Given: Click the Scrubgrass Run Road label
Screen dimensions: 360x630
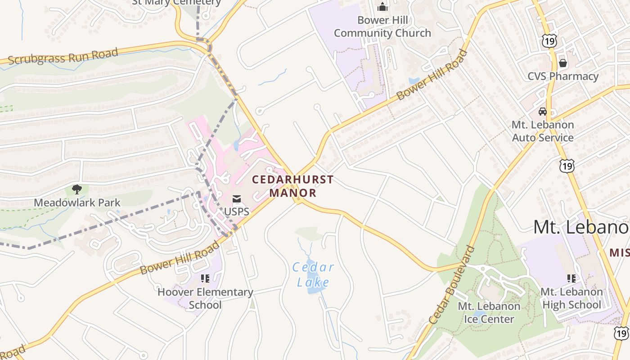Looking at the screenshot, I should [x=63, y=56].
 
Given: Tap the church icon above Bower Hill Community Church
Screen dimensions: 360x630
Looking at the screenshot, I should [x=382, y=7].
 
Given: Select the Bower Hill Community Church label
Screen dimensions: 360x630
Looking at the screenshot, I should [x=382, y=27].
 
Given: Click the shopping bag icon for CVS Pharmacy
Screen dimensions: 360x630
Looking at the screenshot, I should [x=562, y=63].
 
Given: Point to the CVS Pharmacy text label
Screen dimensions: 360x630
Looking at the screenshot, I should [x=563, y=76].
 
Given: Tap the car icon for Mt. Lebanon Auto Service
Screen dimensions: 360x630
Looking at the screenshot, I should [x=543, y=112].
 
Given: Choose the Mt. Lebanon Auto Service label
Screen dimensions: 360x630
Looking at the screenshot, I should [x=543, y=131].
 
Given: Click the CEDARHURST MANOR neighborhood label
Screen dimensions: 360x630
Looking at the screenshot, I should [x=292, y=186].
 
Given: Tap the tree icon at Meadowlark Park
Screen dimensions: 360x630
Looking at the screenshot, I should [x=77, y=189].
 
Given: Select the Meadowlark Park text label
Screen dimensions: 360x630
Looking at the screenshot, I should [x=71, y=202].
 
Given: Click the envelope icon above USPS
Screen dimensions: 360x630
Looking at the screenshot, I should [x=237, y=199].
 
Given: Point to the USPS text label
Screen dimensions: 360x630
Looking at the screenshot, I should [x=237, y=211].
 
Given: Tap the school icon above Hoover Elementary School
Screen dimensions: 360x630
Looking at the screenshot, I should [x=205, y=279].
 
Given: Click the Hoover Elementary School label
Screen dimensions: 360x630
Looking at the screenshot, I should [x=205, y=298].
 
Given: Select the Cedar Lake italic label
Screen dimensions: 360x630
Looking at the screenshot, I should [x=313, y=275].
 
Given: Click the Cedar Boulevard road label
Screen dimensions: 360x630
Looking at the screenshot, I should [x=452, y=285].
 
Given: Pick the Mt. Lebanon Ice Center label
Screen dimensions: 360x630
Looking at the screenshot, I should [x=489, y=312].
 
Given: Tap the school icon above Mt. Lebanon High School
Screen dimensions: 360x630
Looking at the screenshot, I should [x=571, y=279].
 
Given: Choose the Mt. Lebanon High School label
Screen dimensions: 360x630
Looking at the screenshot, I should [x=571, y=298].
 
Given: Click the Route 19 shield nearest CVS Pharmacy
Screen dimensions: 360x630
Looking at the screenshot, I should [x=549, y=41].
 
